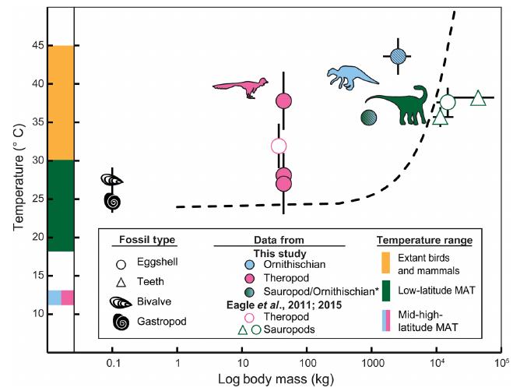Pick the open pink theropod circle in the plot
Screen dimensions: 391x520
coord(279,146)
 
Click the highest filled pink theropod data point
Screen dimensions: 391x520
coord(283,100)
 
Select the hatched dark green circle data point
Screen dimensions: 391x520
coord(370,118)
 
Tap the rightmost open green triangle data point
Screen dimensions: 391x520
coord(478,98)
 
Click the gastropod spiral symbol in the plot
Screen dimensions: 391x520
coord(113,201)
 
